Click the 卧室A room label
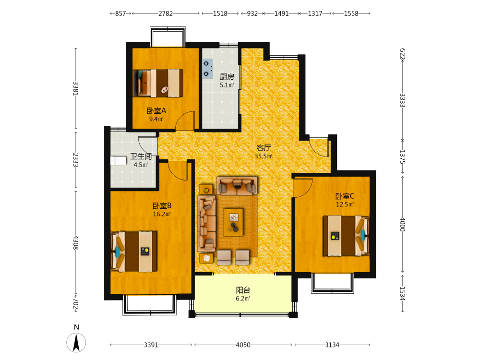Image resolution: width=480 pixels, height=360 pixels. pyautogui.click(x=156, y=110)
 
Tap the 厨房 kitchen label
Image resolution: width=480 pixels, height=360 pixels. pyautogui.click(x=227, y=76)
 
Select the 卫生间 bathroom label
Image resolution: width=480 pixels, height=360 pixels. pyautogui.click(x=141, y=156)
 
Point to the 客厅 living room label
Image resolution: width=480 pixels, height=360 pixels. pyautogui.click(x=264, y=147)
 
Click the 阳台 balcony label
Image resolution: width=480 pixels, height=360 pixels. pyautogui.click(x=243, y=290)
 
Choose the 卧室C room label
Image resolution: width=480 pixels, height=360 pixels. pyautogui.click(x=345, y=196)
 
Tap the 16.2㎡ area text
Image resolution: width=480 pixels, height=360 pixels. pyautogui.click(x=162, y=214)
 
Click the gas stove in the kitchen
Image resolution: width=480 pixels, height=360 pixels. pyautogui.click(x=207, y=69)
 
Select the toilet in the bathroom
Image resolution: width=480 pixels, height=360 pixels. pyautogui.click(x=119, y=161)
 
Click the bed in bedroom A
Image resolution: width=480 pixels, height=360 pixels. pyautogui.click(x=158, y=83)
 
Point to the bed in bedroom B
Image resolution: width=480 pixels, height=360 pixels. pyautogui.click(x=134, y=252)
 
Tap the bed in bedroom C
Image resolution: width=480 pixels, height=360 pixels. pyautogui.click(x=346, y=236)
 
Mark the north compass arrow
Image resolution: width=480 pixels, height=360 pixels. pyautogui.click(x=76, y=343)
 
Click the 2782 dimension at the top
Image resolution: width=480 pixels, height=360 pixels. pyautogui.click(x=166, y=13)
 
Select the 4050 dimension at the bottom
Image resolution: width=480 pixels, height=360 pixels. pyautogui.click(x=243, y=345)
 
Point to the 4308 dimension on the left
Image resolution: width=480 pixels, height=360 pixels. pyautogui.click(x=76, y=242)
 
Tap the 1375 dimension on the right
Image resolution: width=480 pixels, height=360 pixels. pyautogui.click(x=402, y=157)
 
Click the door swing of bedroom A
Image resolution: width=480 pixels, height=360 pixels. pyautogui.click(x=185, y=120)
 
